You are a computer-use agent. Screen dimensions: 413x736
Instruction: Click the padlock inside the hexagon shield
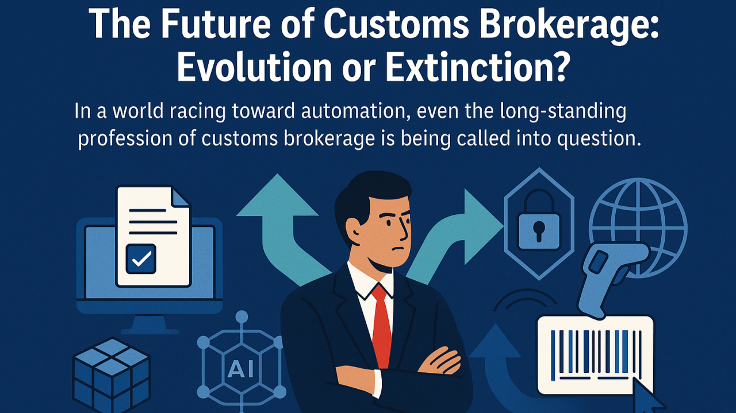[538, 224]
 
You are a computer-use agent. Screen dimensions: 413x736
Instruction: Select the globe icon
[637, 227]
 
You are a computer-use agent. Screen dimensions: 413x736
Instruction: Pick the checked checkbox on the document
[141, 258]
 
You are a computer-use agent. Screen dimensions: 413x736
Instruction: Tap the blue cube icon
[112, 374]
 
